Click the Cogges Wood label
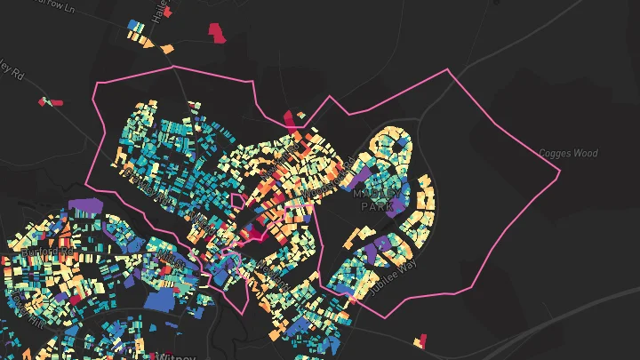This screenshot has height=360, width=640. (x=569, y=154)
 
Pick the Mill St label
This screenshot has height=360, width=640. (x=169, y=260)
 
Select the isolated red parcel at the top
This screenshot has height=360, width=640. (x=217, y=33)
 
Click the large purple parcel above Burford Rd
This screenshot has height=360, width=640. (x=86, y=207)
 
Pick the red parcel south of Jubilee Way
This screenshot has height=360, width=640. (x=421, y=340)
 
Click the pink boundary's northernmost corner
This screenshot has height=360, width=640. (x=172, y=66)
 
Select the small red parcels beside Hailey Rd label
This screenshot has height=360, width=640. (x=50, y=102)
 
